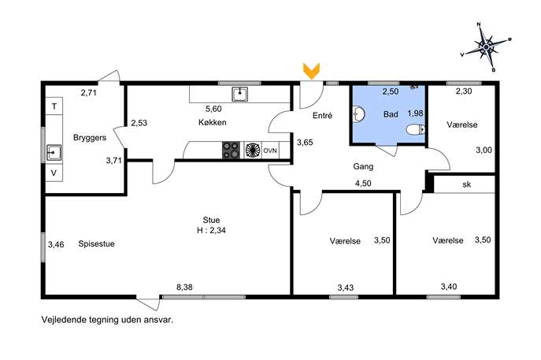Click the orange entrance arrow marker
click(311, 71)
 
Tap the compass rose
click(486, 47)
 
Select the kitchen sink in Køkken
click(239, 95)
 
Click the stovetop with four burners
click(231, 150)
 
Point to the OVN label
click(270, 150)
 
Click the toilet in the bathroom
click(416, 130)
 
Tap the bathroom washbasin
click(359, 114)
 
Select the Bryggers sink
click(54, 153)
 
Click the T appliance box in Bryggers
click(54, 106)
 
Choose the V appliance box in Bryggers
click(54, 173)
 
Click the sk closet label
click(466, 184)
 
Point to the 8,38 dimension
click(184, 287)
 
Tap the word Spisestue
click(96, 243)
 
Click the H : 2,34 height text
click(211, 230)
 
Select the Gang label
click(363, 167)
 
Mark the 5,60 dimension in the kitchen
click(213, 109)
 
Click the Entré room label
click(322, 115)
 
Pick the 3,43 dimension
click(346, 288)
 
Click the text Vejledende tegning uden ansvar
click(107, 320)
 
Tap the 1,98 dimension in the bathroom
click(415, 113)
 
